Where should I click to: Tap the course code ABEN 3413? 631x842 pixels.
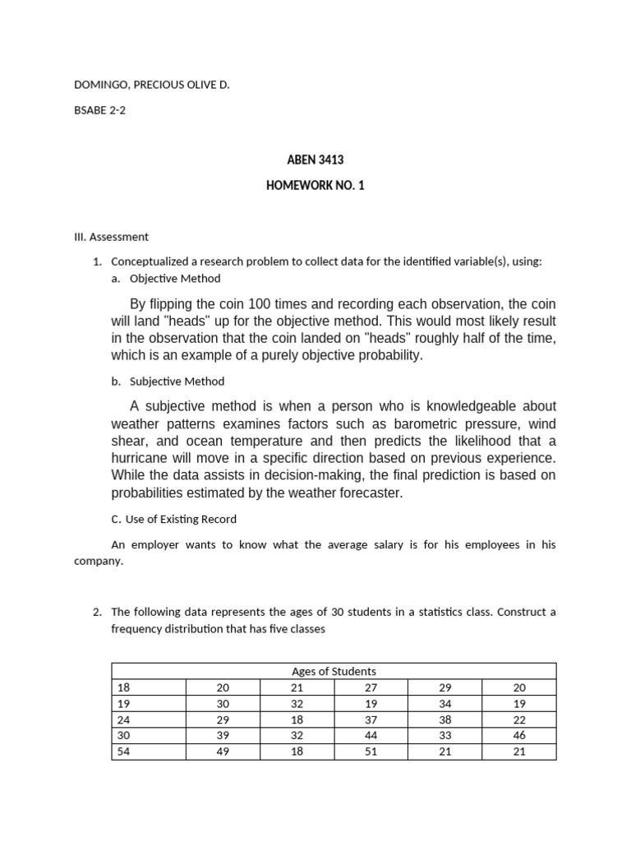[315, 160]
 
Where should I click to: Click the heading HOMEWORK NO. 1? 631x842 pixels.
[315, 186]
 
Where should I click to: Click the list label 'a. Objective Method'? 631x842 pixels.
[168, 279]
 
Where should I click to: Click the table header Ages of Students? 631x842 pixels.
[334, 671]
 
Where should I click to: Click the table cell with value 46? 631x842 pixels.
[518, 735]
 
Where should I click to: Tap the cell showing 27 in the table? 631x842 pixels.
[371, 687]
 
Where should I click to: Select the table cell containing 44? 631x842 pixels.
[371, 735]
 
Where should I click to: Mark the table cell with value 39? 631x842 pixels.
[223, 735]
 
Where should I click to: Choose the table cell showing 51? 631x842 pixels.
[371, 752]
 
